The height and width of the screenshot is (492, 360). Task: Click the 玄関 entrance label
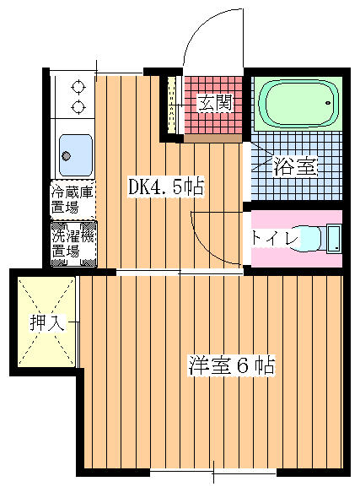(x=216, y=103)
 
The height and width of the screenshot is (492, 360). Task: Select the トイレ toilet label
(x=274, y=239)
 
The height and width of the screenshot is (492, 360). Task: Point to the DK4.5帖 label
(x=166, y=187)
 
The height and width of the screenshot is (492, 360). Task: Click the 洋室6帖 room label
(x=231, y=365)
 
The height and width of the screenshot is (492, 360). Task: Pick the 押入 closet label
(x=48, y=322)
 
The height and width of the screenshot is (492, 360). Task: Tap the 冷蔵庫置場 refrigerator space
(x=73, y=200)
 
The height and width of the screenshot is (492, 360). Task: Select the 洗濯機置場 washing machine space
(x=74, y=244)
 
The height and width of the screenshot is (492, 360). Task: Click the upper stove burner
(x=78, y=86)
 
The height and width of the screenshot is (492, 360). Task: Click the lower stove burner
(x=78, y=107)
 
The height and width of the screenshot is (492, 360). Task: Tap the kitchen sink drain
(x=66, y=155)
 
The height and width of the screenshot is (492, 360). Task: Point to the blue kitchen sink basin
(x=76, y=155)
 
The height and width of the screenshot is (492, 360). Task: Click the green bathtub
(x=298, y=103)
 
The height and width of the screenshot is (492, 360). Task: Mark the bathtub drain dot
(x=328, y=103)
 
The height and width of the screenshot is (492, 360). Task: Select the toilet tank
(x=334, y=239)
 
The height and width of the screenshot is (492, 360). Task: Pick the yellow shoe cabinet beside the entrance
(x=171, y=105)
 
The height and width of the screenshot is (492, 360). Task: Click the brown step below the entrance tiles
(x=213, y=138)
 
